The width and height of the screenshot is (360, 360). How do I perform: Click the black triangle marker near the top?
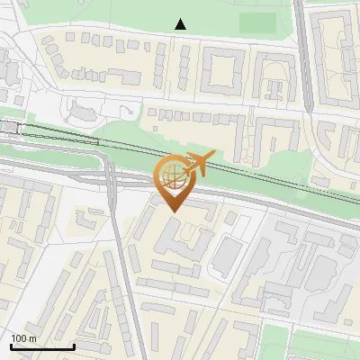point(180,24)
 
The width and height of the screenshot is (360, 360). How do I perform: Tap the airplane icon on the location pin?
point(197,164)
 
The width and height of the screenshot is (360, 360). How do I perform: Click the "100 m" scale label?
point(23,338)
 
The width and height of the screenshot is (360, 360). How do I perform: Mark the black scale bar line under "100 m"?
point(41,346)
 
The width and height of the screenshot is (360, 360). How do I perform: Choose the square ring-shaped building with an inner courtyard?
point(223,68)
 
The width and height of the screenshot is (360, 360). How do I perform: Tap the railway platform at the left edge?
point(11,128)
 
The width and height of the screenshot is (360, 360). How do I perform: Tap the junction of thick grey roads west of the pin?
point(112,176)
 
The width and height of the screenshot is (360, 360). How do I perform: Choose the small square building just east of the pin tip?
point(232,218)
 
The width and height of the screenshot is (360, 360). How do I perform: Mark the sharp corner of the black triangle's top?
point(180,19)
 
